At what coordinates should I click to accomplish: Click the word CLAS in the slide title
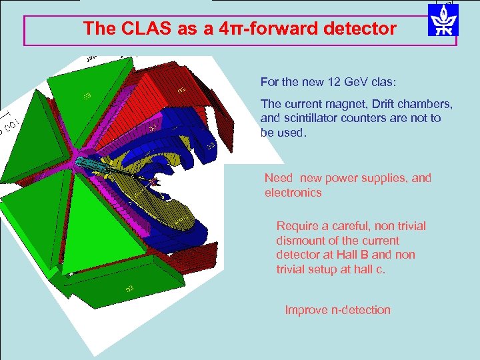point(139,29)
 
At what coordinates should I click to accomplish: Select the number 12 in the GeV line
point(335,83)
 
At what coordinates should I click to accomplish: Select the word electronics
point(293,193)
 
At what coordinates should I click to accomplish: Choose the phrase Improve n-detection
point(337,310)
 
